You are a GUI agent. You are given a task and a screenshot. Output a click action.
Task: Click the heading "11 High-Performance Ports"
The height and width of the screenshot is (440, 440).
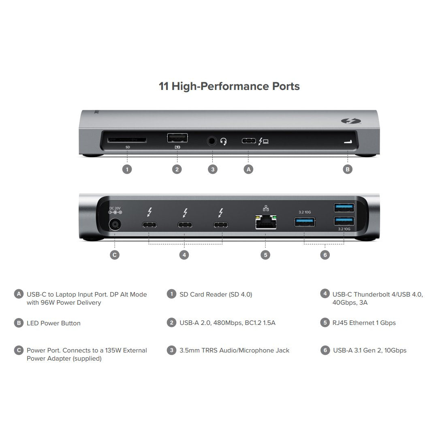coord(229,86)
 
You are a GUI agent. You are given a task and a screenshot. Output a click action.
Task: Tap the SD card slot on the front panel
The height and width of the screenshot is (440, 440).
coord(127,140)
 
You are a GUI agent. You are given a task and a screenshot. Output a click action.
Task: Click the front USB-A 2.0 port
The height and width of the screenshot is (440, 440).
coord(177,138)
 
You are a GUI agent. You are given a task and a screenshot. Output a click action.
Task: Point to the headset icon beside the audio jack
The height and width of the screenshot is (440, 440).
coord(224,141)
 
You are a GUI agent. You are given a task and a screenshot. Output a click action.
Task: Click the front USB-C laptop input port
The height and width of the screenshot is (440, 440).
coord(249,141)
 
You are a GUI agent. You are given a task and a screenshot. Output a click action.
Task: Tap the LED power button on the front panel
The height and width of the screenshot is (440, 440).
coord(347,142)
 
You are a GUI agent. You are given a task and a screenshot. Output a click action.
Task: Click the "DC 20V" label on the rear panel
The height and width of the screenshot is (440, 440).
coord(115,208)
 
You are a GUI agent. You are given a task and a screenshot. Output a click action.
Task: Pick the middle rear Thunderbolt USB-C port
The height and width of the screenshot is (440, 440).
coord(185,225)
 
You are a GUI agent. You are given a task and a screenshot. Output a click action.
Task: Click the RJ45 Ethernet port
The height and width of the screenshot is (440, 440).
coord(265,223)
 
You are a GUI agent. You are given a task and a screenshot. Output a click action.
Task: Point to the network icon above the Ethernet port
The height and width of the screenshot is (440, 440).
coord(266,208)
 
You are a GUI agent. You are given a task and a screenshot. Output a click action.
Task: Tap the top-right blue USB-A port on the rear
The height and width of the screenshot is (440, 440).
coord(344,208)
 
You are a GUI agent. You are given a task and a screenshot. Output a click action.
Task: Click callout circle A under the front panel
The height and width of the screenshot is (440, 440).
coord(249,169)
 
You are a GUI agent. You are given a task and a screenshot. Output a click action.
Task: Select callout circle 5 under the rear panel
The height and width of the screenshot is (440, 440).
coord(265,255)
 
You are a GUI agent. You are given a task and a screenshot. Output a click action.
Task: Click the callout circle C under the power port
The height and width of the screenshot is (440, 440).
coord(115,255)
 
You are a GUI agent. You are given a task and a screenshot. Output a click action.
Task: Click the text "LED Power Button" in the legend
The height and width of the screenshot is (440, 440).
coord(53,323)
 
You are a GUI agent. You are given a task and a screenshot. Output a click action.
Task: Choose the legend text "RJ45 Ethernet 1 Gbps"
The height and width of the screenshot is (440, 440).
coord(364,323)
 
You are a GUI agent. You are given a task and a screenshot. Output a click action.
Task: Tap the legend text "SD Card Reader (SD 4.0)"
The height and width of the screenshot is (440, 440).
coord(216,295)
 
